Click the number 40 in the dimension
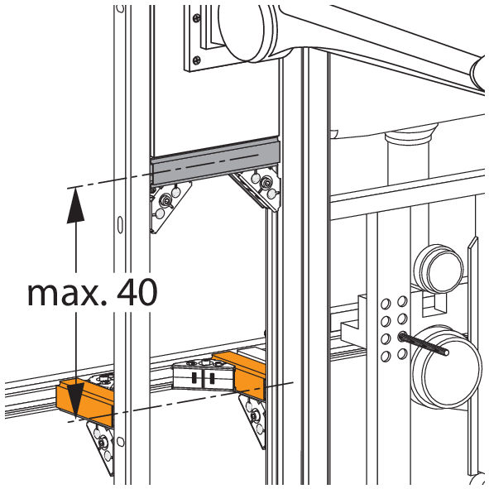click(137, 292)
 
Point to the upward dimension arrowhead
click(76, 205)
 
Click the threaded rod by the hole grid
click(424, 344)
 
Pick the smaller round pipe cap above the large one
click(439, 269)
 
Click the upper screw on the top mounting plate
click(196, 17)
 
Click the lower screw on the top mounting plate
click(196, 60)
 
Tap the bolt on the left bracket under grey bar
click(165, 200)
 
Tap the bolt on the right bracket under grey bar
click(266, 181)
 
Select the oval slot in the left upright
click(120, 224)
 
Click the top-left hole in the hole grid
click(386, 304)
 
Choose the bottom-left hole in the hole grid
click(386, 356)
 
